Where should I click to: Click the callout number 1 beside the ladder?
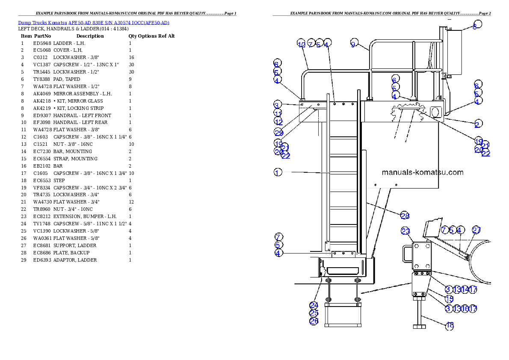pyautogui.click(x=278, y=173)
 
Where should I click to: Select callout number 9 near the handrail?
pyautogui.click(x=353, y=44)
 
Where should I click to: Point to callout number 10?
pyautogui.click(x=301, y=44)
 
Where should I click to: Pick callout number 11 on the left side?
pyautogui.click(x=278, y=113)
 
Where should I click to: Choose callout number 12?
pyautogui.click(x=278, y=122)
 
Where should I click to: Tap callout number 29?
pyautogui.click(x=279, y=133)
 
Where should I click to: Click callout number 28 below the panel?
pyautogui.click(x=405, y=215)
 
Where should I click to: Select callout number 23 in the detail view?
pyautogui.click(x=405, y=231)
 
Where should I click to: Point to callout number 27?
pyautogui.click(x=476, y=230)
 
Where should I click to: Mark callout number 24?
pyautogui.click(x=314, y=305)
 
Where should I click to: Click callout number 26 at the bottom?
pyautogui.click(x=314, y=321)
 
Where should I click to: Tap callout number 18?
pyautogui.click(x=450, y=326)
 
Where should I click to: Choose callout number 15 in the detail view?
pyautogui.click(x=449, y=299)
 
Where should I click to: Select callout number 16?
pyautogui.click(x=465, y=308)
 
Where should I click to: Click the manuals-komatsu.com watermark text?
pyautogui.click(x=422, y=173)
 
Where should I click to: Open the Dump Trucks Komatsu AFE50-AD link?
pyautogui.click(x=94, y=23)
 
